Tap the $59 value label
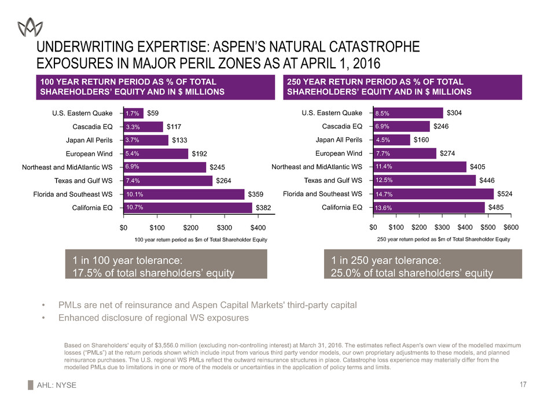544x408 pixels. [153, 113]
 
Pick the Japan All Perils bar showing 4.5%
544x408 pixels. [391, 139]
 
